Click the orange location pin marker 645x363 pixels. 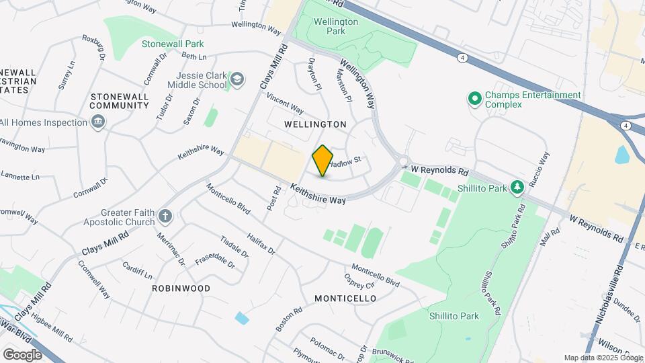pos(323,161)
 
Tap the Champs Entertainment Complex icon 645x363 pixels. pos(475,99)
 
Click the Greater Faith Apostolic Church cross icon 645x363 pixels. pos(165,216)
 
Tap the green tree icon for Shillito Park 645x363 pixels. pos(517,188)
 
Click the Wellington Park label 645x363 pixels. pos(336,26)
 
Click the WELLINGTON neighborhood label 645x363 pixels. pos(315,124)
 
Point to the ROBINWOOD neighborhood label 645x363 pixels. pos(181,288)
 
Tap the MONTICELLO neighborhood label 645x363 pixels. pos(345,298)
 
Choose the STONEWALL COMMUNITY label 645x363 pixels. pos(119,101)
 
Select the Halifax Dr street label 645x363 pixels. pos(261,241)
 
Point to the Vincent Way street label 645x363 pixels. pos(286,104)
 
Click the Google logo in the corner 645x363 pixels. pos(23,354)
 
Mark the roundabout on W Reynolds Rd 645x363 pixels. pos(403,161)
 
